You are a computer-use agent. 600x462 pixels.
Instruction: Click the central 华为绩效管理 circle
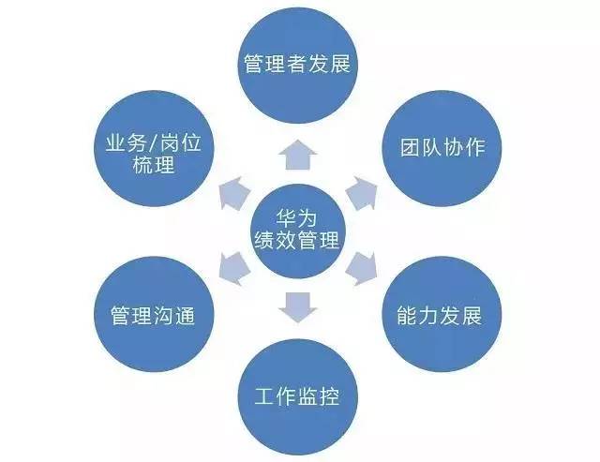pyautogui.click(x=298, y=231)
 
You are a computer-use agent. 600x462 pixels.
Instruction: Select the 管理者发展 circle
pyautogui.click(x=298, y=65)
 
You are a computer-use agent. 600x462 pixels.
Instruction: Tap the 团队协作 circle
pyautogui.click(x=442, y=148)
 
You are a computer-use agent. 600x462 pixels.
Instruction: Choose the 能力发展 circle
pyautogui.click(x=442, y=314)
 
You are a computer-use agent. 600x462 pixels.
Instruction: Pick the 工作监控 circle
pyautogui.click(x=298, y=397)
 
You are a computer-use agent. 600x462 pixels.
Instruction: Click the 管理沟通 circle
pyautogui.click(x=154, y=314)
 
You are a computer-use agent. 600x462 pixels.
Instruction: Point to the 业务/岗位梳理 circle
pyautogui.click(x=154, y=148)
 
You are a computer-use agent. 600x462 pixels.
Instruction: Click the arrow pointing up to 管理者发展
pyautogui.click(x=298, y=154)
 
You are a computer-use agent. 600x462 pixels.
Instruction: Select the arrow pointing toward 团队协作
pyautogui.click(x=362, y=193)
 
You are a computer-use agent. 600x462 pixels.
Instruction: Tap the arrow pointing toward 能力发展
pyautogui.click(x=362, y=269)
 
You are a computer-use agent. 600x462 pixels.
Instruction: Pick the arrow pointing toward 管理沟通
pyautogui.click(x=234, y=269)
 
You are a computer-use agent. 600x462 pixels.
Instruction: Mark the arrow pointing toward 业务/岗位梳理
pyautogui.click(x=234, y=193)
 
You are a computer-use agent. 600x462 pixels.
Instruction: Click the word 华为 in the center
pyautogui.click(x=297, y=218)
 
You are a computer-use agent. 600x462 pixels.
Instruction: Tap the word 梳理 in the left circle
pyautogui.click(x=154, y=164)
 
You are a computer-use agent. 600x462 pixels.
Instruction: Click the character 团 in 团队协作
pyautogui.click(x=411, y=148)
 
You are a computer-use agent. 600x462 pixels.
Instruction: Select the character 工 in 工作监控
pyautogui.click(x=265, y=395)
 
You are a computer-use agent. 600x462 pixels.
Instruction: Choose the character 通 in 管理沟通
pyautogui.click(x=186, y=316)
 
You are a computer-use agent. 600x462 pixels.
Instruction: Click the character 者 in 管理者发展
pyautogui.click(x=297, y=64)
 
